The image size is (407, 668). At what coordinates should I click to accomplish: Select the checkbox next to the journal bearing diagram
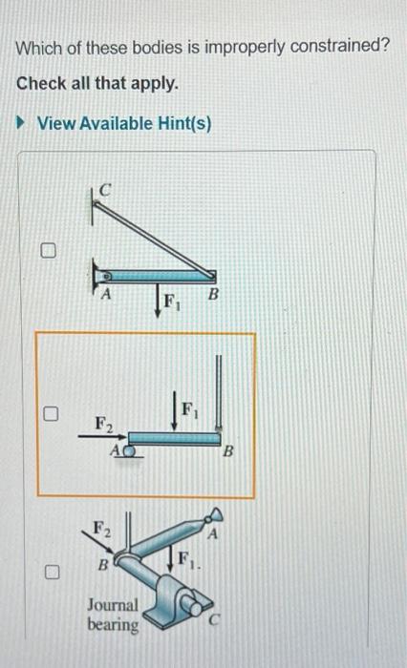pyautogui.click(x=54, y=573)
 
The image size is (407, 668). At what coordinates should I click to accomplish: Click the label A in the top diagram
pyautogui.click(x=107, y=295)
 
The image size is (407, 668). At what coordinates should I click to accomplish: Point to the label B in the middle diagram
pyautogui.click(x=228, y=453)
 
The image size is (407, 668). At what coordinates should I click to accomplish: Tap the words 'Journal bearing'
pyautogui.click(x=113, y=615)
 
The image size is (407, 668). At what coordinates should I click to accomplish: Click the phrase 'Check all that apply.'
pyautogui.click(x=97, y=83)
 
